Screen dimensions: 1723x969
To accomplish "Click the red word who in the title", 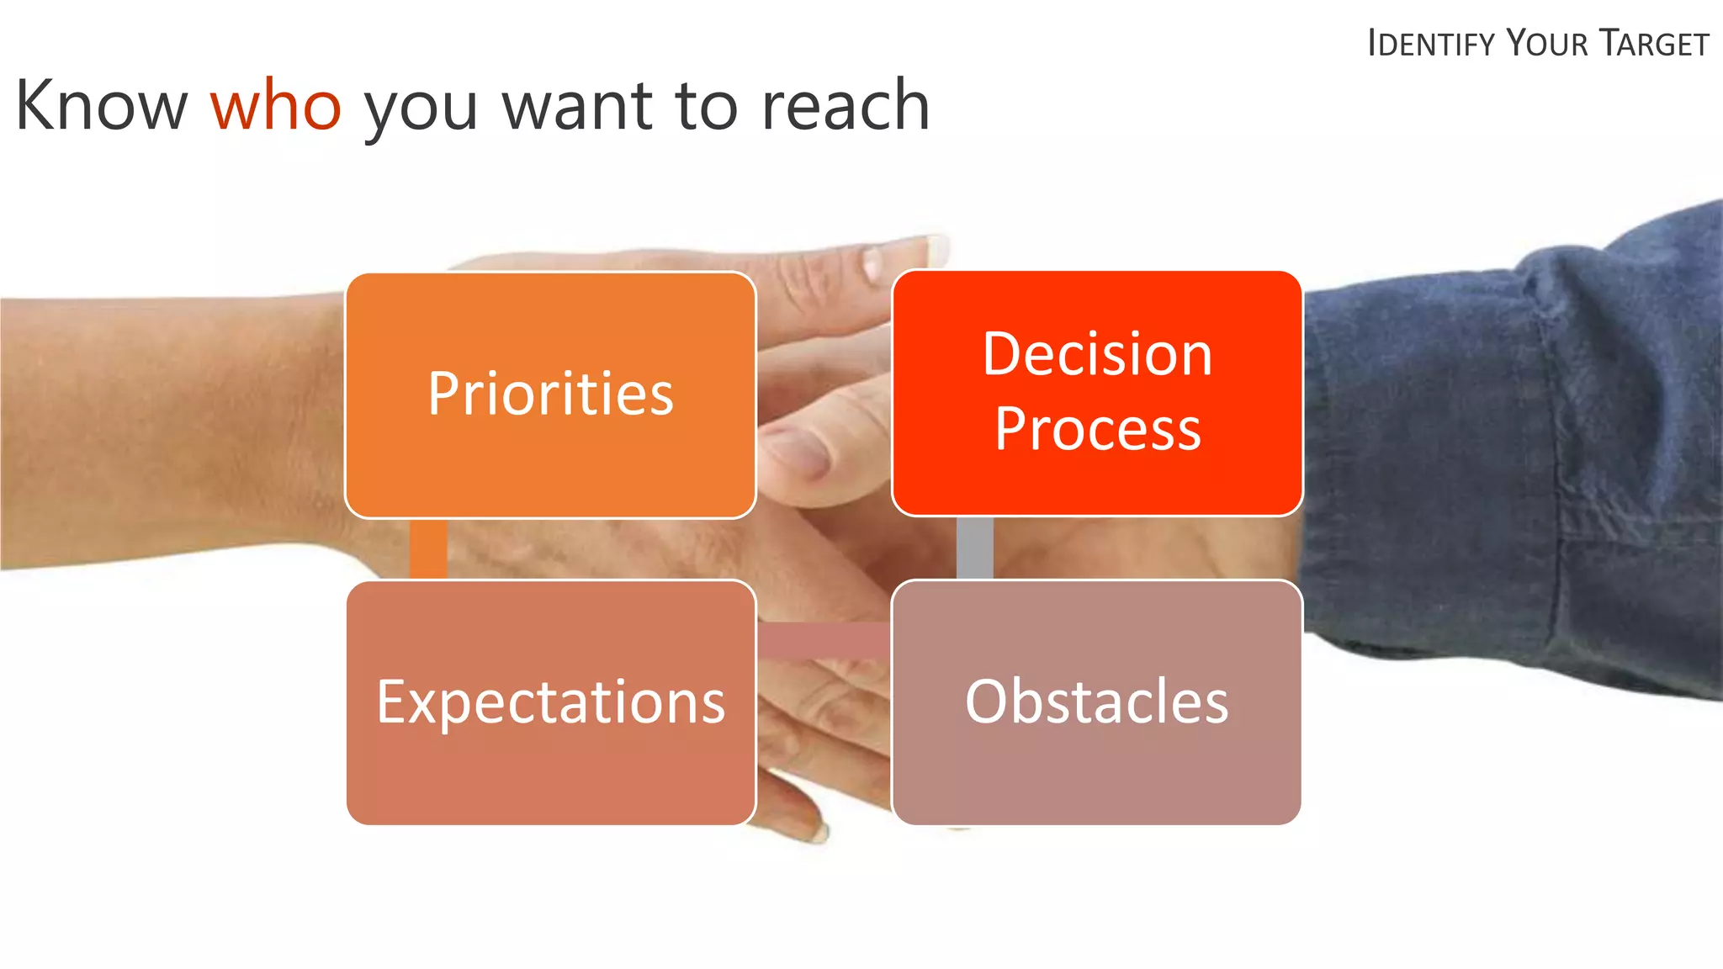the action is click(275, 106).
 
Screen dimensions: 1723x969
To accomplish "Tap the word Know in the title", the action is click(101, 106).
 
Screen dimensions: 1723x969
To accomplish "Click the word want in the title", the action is click(577, 106).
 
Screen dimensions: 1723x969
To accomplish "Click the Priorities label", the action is click(550, 394).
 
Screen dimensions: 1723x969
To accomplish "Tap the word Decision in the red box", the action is click(1097, 354).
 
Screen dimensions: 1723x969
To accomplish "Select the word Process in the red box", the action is click(1097, 430).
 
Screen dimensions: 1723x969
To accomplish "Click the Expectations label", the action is click(550, 702).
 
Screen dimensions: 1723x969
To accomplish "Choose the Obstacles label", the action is click(1096, 702).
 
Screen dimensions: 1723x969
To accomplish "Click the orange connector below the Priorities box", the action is click(428, 548).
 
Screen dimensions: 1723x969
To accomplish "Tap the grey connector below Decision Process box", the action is click(974, 548).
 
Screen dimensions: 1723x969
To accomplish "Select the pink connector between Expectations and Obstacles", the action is click(823, 641).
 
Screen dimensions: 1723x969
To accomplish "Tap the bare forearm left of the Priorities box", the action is click(168, 429).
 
